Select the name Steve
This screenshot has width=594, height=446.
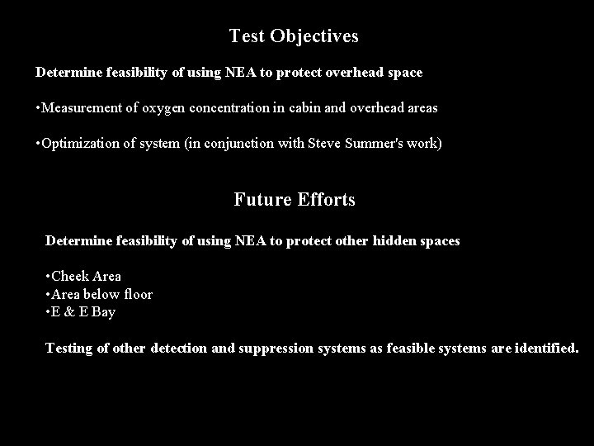pyautogui.click(x=323, y=144)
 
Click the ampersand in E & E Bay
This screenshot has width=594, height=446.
pyautogui.click(x=69, y=312)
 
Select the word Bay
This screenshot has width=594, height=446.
pyautogui.click(x=103, y=312)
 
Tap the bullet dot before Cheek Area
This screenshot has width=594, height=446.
pyautogui.click(x=49, y=276)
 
